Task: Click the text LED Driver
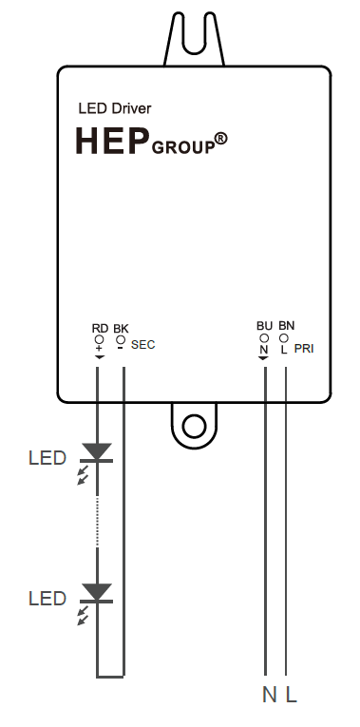[x=114, y=109]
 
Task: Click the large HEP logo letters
[x=113, y=141]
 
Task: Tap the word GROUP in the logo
[x=183, y=148]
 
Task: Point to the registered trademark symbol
[x=221, y=139]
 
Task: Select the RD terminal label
[x=100, y=328]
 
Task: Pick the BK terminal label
[x=121, y=328]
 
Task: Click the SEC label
[x=143, y=345]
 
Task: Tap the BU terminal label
[x=265, y=326]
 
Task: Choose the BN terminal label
[x=286, y=325]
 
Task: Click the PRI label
[x=304, y=349]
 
